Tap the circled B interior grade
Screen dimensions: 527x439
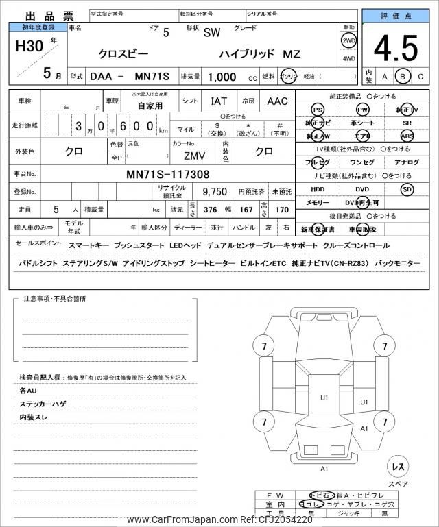(403, 76)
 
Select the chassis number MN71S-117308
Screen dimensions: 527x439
(168, 175)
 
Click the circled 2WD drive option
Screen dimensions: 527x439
(348, 40)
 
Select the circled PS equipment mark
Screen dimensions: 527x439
(317, 110)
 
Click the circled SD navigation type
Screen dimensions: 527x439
(407, 189)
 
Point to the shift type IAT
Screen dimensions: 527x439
(219, 101)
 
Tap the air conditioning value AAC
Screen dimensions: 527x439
(277, 101)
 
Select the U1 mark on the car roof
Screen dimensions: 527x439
(324, 397)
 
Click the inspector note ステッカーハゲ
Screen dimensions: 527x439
(43, 404)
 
